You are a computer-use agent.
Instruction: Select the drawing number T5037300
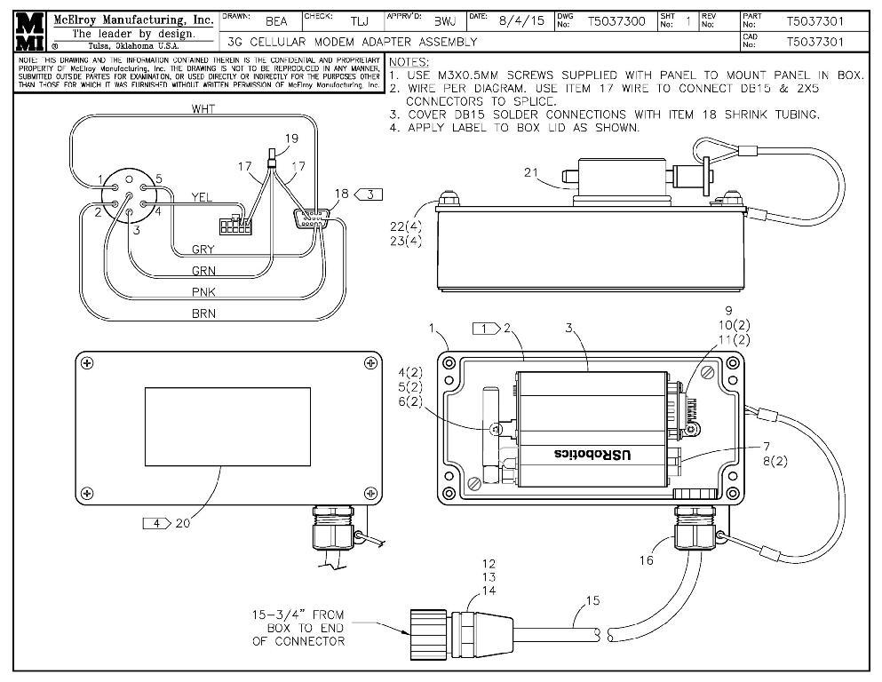[x=616, y=20]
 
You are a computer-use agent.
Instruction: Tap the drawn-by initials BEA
[x=276, y=21]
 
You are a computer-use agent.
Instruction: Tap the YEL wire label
[x=202, y=196]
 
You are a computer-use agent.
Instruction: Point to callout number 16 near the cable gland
[x=645, y=560]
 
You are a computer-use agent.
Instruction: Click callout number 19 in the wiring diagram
[x=292, y=138]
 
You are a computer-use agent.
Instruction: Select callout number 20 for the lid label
[x=182, y=523]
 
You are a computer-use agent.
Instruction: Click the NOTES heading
[x=409, y=62]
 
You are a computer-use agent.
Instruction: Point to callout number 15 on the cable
[x=592, y=600]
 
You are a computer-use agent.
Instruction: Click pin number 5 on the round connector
[x=158, y=178]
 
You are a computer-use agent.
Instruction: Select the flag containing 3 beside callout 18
[x=370, y=193]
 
